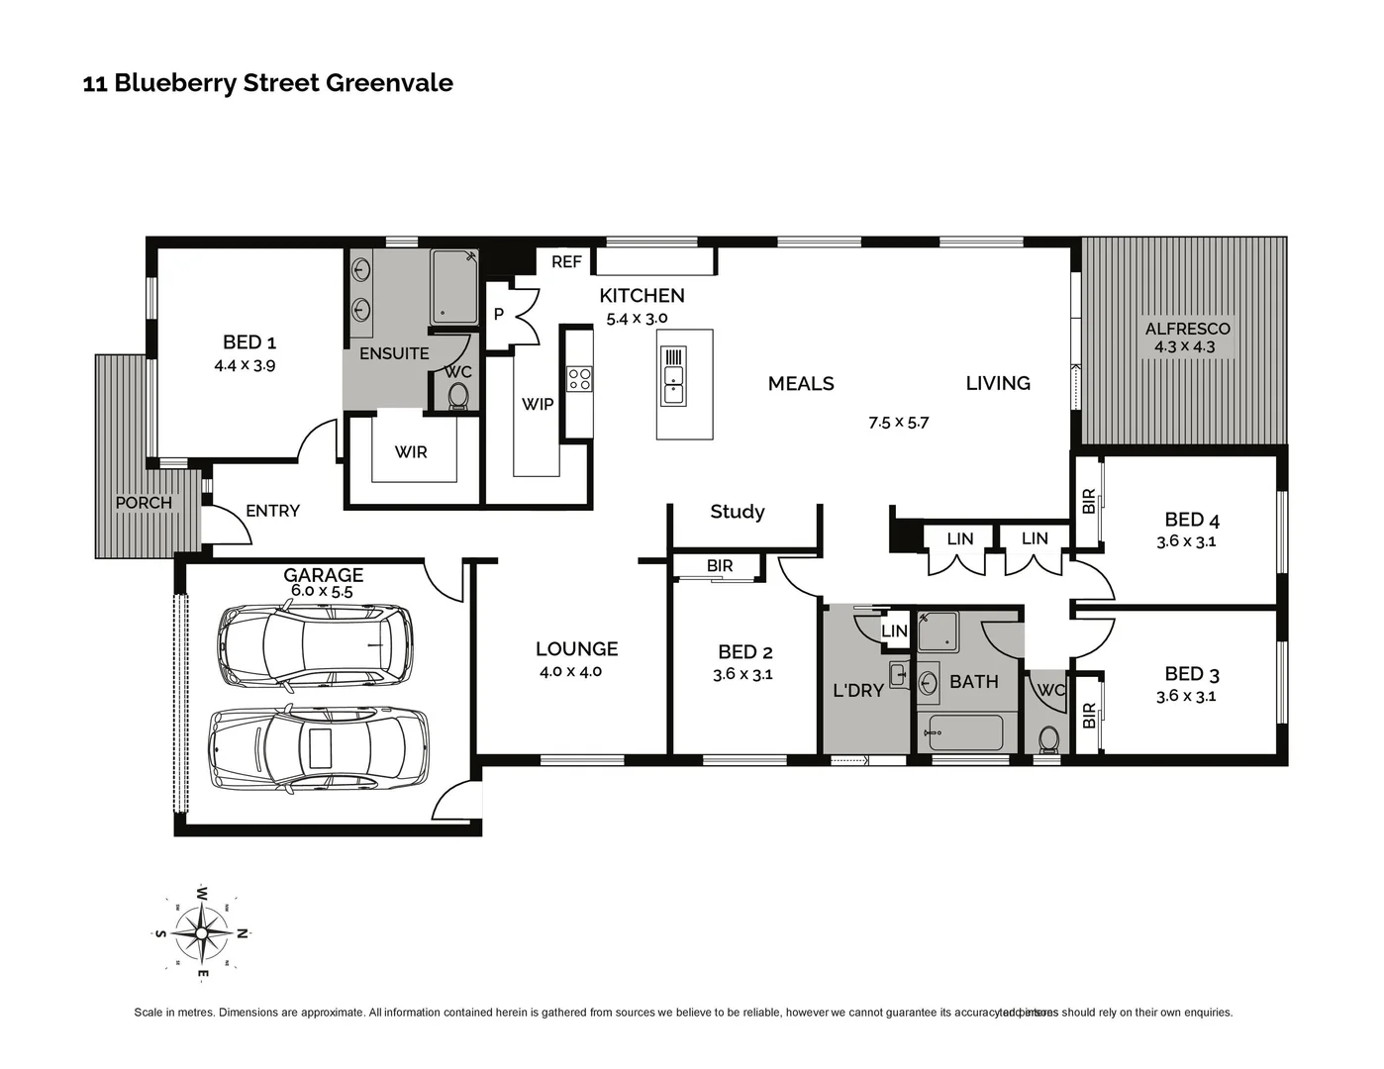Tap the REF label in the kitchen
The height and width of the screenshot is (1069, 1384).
(566, 261)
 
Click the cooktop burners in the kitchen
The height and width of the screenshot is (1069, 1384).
(579, 378)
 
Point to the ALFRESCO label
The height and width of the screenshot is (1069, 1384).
(1187, 329)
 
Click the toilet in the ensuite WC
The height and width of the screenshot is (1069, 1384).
(457, 397)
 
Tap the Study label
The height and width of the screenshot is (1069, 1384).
(737, 512)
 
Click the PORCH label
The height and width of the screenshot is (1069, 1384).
(144, 503)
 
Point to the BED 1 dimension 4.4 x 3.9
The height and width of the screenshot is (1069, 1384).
(245, 365)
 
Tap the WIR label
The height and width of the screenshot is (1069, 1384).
(411, 452)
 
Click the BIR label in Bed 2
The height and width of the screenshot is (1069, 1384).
(720, 566)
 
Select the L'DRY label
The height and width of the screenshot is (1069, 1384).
(857, 690)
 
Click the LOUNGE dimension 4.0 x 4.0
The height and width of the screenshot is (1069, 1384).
(570, 671)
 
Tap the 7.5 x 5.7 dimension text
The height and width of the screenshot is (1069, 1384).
(899, 423)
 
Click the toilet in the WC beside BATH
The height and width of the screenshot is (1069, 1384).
(1047, 738)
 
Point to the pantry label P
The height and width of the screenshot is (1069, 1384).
(499, 315)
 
